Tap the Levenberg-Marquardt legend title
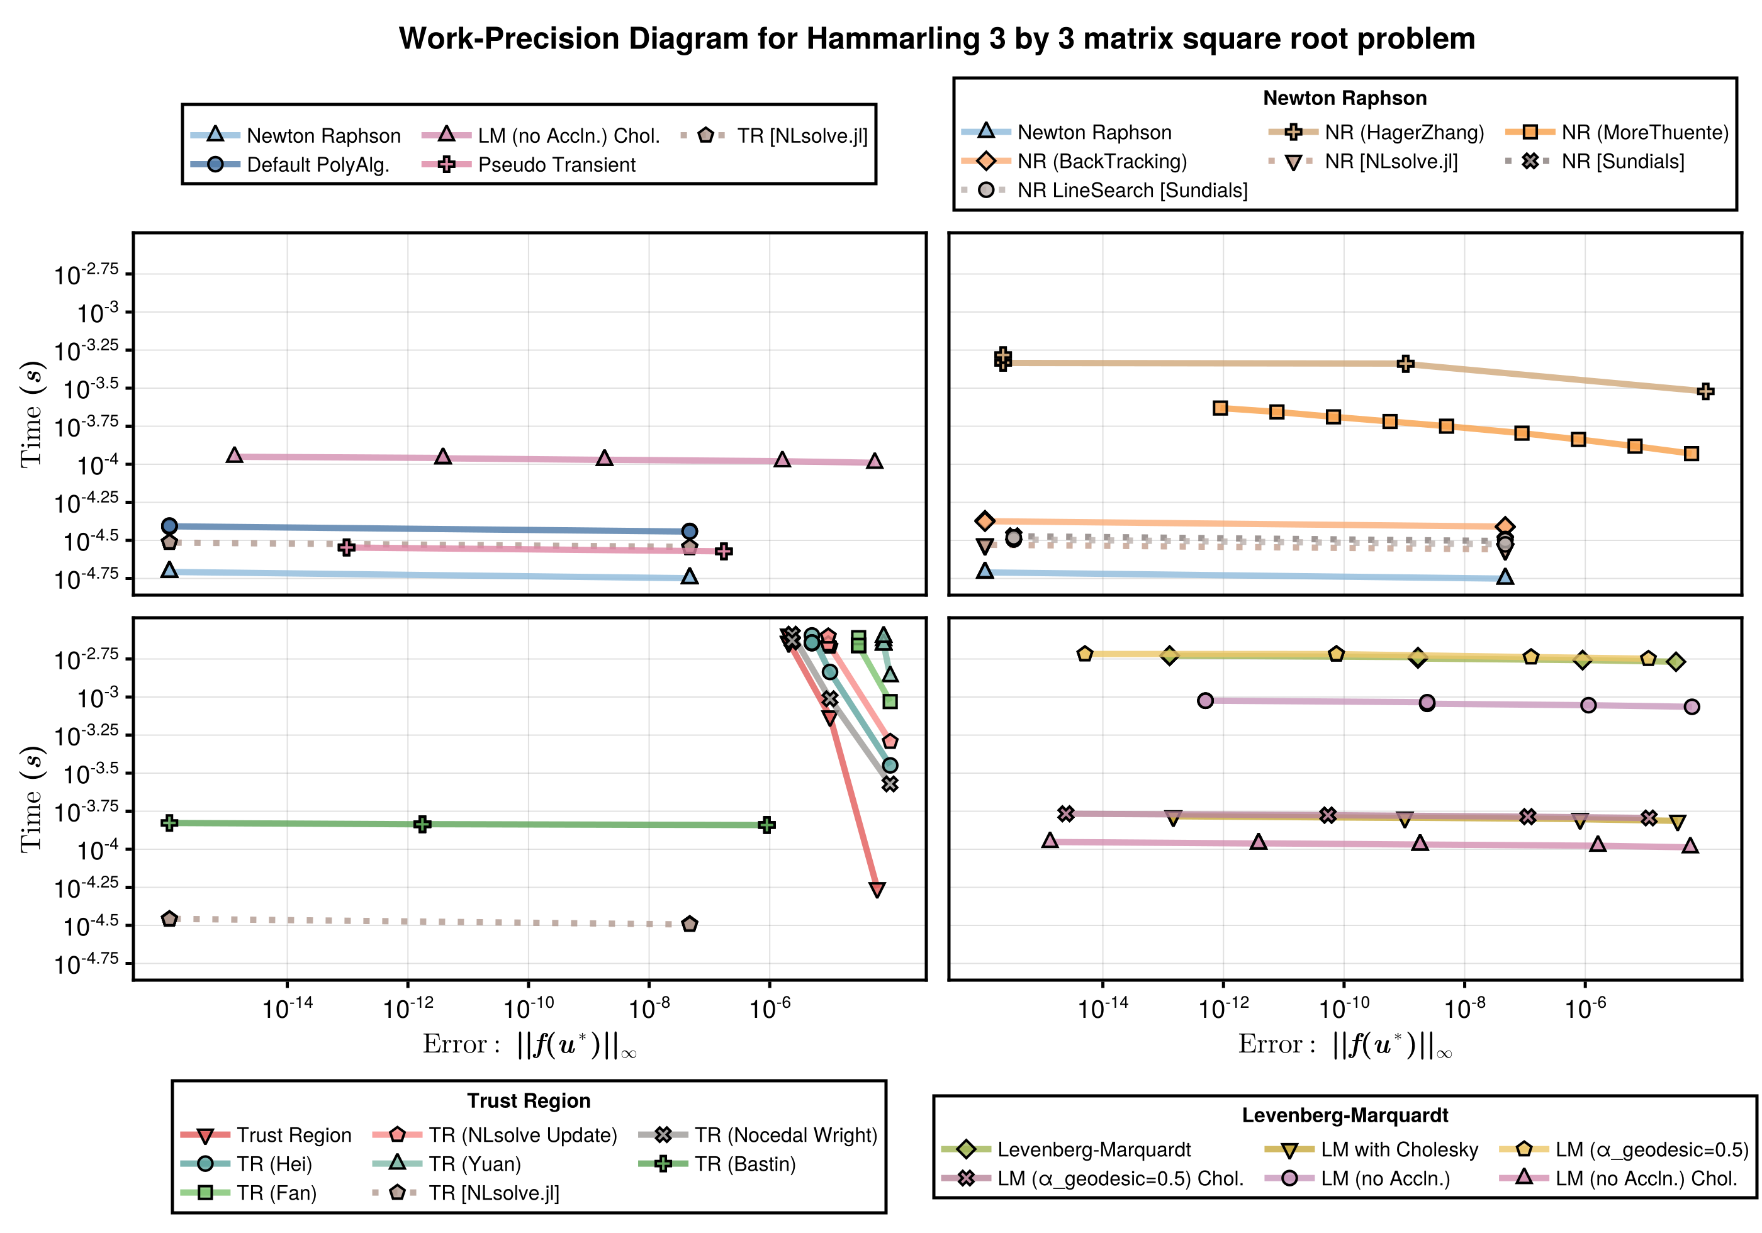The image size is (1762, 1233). [1345, 1115]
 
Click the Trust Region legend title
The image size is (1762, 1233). [529, 1100]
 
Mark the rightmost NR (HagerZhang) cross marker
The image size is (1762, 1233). [1705, 391]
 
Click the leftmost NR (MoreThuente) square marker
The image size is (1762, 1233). [1220, 408]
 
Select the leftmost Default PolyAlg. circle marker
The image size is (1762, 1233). [170, 525]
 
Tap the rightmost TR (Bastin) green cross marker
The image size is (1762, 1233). [766, 825]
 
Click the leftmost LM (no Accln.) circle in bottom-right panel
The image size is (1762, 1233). [1205, 701]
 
